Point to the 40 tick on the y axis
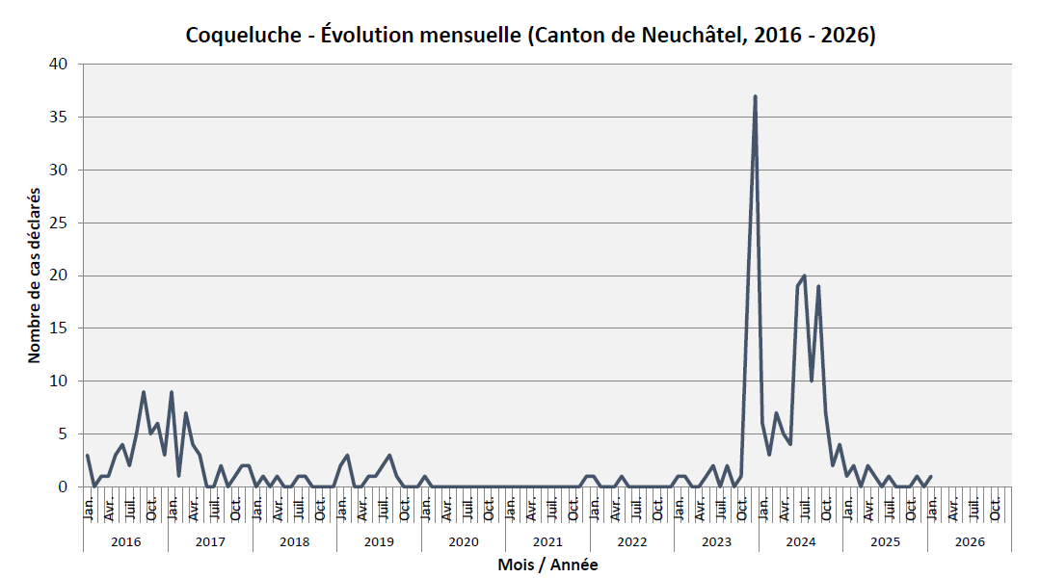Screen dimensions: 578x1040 click(61, 65)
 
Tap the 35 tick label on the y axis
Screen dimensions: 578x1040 click(61, 118)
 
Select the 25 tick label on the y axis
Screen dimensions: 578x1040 click(61, 223)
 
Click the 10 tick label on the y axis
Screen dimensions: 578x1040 click(61, 381)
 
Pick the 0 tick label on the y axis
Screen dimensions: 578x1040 click(65, 486)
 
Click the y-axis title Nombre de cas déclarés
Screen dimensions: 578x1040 click(35, 275)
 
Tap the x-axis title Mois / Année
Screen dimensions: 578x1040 click(547, 565)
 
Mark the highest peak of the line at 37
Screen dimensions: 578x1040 click(755, 96)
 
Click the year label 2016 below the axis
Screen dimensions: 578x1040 click(125, 541)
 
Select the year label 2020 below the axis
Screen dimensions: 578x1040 click(464, 541)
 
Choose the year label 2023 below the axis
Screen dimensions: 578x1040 click(716, 541)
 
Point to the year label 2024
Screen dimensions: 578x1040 click(801, 541)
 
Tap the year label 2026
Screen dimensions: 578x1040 click(970, 541)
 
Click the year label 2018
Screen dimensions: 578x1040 click(294, 541)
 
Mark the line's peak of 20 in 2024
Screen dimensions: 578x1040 click(804, 276)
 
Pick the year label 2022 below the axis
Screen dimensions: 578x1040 click(632, 541)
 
